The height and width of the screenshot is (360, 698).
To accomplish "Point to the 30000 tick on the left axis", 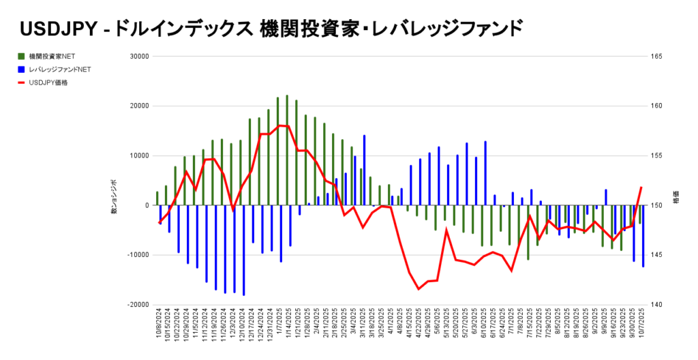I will pyautogui.click(x=138, y=57).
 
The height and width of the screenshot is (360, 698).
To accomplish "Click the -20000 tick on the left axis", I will pyautogui.click(x=137, y=305).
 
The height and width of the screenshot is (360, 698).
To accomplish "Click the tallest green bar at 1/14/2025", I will pyautogui.click(x=287, y=150).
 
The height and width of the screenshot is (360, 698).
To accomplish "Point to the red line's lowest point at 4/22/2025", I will pyautogui.click(x=419, y=289).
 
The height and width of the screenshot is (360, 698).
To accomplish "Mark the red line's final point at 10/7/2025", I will pyautogui.click(x=641, y=187).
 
